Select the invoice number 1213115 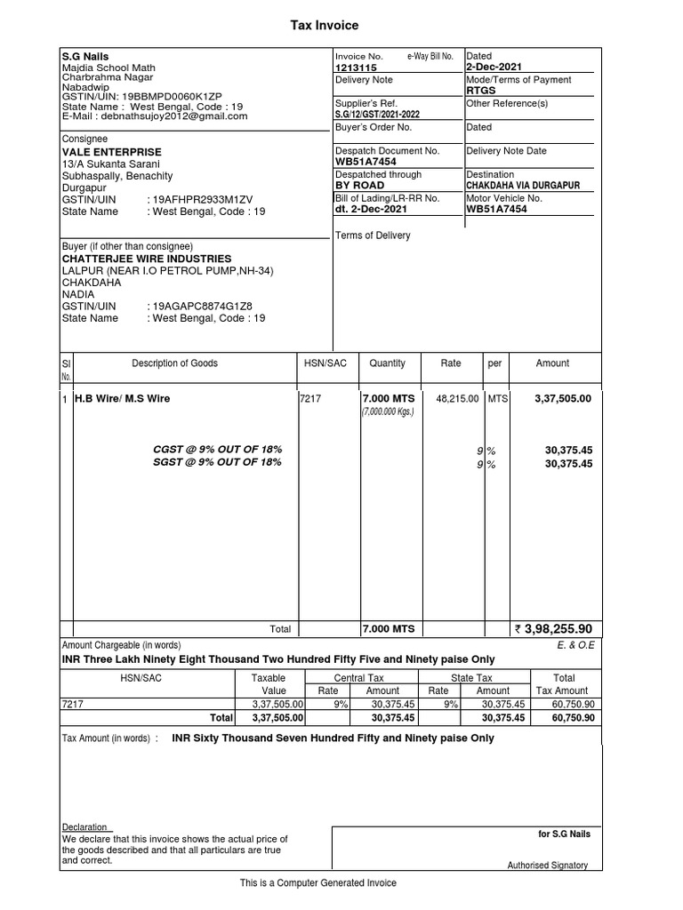pos(355,68)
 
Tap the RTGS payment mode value pos(480,91)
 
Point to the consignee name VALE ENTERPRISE pos(111,152)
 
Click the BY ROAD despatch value pos(359,186)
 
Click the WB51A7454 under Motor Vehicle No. pos(496,210)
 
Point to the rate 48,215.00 pos(456,399)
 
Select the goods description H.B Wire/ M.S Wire pos(122,399)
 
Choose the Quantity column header pos(387,363)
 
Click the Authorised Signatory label pos(547,865)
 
